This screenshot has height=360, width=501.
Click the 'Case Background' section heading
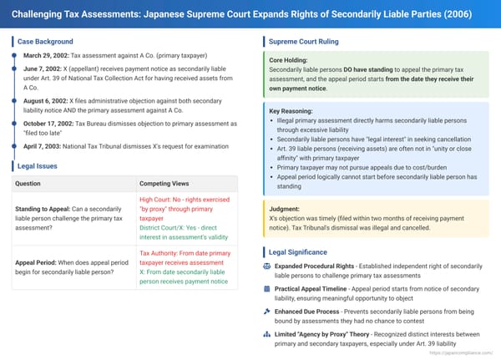pos(45,42)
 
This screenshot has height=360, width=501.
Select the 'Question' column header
pos(29,183)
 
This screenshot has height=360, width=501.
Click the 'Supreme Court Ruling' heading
pos(302,42)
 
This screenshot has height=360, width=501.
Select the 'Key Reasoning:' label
pos(290,109)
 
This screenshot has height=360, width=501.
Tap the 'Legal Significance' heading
pos(297,251)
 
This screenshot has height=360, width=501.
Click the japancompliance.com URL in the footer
pos(457,352)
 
